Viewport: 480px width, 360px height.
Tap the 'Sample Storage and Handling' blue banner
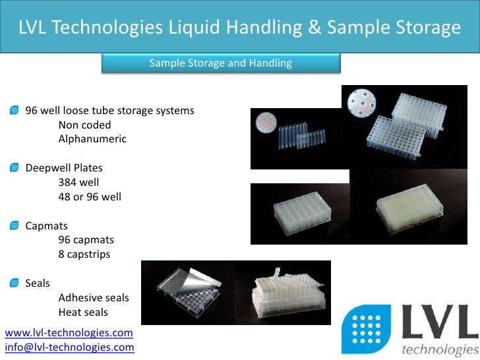coord(220,63)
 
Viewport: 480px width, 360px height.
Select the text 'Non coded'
coord(84,125)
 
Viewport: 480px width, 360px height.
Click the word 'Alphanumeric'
coord(92,139)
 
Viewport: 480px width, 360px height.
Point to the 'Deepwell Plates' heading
coord(64,167)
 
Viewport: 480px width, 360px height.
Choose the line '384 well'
coord(78,182)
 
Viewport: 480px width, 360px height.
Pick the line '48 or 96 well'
coord(90,196)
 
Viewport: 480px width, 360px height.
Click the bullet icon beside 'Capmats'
coord(15,226)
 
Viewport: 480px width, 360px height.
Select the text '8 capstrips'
coord(84,254)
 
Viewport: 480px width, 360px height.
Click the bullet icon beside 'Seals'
coord(15,284)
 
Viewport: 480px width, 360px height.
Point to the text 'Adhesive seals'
coord(94,298)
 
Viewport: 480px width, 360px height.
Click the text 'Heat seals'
coord(83,313)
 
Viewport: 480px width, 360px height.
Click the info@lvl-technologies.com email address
coord(69,347)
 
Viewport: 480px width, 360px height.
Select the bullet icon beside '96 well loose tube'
coord(15,110)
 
